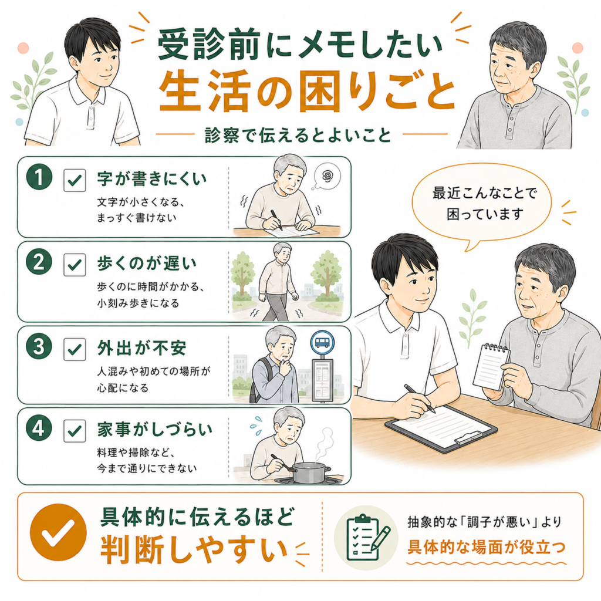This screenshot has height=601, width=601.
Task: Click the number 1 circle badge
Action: (x=39, y=177)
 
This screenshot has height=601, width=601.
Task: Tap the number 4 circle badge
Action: (x=39, y=428)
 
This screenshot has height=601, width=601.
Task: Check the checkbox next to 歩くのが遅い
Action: (x=75, y=265)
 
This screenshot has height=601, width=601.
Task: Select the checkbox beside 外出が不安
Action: (x=75, y=349)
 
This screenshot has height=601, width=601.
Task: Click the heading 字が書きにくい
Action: (x=152, y=178)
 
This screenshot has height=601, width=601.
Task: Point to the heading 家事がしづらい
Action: (x=154, y=430)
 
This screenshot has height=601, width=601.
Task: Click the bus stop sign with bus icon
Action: (x=322, y=342)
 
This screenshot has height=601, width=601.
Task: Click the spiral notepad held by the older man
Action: (x=491, y=366)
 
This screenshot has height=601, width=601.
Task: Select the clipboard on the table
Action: (x=441, y=426)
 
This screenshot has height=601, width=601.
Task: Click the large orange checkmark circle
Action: (x=58, y=532)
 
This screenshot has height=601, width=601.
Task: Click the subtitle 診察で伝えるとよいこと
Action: (x=298, y=136)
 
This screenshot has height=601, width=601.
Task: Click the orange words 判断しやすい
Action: (x=194, y=551)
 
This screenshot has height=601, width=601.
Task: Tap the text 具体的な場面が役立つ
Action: (x=487, y=547)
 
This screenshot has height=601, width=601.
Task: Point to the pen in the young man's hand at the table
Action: (x=420, y=399)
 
